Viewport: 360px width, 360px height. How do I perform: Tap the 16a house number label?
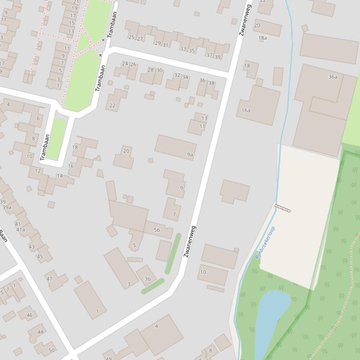pyautogui.click(x=246, y=110)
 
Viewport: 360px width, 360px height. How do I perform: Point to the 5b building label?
pyautogui.click(x=157, y=230)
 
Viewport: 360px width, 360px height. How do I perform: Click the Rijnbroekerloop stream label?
pyautogui.click(x=265, y=243)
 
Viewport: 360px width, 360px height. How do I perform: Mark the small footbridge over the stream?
pyautogui.click(x=282, y=208)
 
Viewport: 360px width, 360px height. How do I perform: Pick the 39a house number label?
pyautogui.click(x=7, y=208)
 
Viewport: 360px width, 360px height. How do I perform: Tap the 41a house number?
pyautogui.click(x=21, y=230)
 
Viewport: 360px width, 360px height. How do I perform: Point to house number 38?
pyautogui.click(x=211, y=83)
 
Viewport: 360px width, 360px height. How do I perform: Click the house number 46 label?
pyautogui.click(x=29, y=315)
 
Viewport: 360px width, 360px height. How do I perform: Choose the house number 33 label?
pyautogui.click(x=183, y=49)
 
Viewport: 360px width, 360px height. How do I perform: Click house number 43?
pyautogui.click(x=31, y=246)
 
